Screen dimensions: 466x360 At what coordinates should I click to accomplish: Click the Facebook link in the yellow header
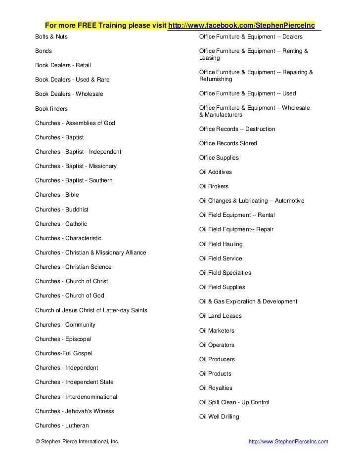(242, 25)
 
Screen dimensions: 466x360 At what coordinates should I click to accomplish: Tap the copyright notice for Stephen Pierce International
(77, 441)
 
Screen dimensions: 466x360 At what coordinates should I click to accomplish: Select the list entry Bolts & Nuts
(52, 37)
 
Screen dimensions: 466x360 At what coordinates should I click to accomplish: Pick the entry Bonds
(44, 51)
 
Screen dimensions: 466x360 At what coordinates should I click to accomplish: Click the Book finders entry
(51, 108)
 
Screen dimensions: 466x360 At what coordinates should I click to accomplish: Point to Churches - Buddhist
(62, 209)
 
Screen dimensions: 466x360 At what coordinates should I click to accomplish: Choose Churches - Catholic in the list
(61, 223)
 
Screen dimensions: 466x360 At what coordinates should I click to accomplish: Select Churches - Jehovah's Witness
(75, 411)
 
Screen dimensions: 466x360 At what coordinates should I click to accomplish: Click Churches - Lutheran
(62, 425)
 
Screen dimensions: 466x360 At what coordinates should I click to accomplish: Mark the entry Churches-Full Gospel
(63, 353)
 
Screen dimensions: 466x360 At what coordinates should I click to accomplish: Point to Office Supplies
(219, 158)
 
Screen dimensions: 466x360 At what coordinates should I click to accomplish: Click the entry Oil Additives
(215, 172)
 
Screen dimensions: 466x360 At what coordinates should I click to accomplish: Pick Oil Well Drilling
(219, 417)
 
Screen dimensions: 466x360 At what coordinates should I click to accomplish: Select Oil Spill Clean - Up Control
(234, 402)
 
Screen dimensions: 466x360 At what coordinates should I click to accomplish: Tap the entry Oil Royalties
(215, 388)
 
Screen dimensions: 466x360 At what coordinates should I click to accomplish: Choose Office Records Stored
(228, 143)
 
